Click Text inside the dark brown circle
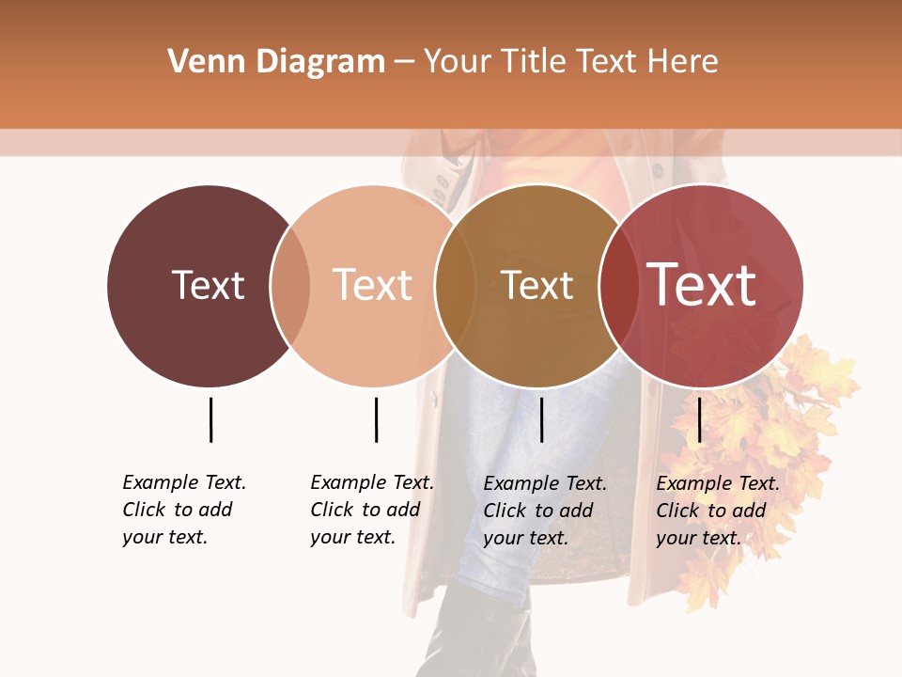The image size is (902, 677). [x=208, y=285]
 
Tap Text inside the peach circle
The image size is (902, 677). [x=372, y=285]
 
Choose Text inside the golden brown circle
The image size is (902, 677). [x=537, y=285]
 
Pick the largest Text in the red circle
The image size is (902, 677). [x=702, y=285]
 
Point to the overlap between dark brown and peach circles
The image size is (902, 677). [x=290, y=286]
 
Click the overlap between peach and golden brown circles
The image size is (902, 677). [x=455, y=286]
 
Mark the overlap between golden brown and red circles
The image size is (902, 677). [x=618, y=286]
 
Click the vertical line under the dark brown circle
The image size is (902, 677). [x=210, y=419]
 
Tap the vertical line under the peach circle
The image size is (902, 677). [x=376, y=419]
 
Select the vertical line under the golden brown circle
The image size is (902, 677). [x=541, y=419]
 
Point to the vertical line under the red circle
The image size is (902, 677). [x=699, y=419]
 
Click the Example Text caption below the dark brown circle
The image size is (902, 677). [x=183, y=510]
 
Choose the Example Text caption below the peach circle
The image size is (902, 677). [x=371, y=510]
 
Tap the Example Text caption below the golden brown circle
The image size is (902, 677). [x=544, y=511]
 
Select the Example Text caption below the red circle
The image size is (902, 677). [x=717, y=511]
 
